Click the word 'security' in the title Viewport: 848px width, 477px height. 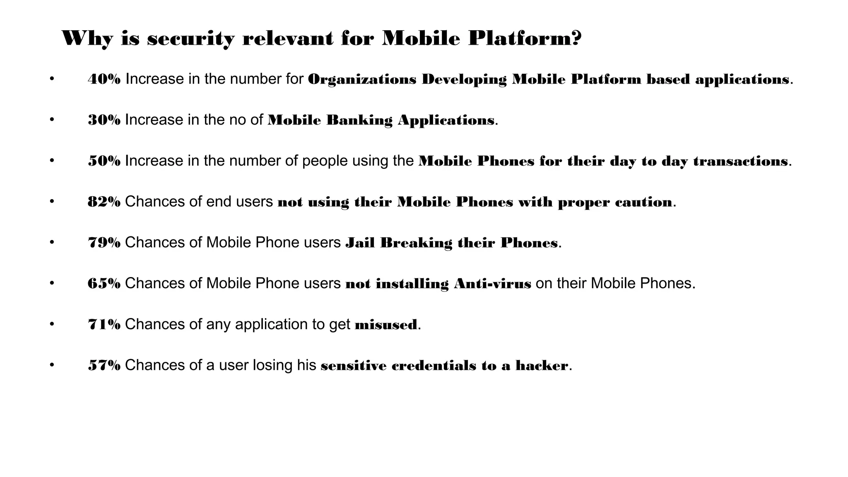(191, 39)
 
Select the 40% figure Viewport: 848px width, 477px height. (104, 79)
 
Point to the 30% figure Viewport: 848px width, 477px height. (104, 120)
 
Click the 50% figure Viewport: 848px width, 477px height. (104, 161)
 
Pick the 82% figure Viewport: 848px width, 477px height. (104, 202)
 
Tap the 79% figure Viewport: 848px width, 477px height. (104, 243)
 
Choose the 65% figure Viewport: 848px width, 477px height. (104, 284)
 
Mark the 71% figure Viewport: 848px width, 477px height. (104, 325)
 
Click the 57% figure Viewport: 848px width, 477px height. (104, 366)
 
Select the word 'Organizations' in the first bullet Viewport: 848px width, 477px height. (362, 79)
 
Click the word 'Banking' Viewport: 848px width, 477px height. (359, 120)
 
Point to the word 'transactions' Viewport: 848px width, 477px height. (740, 161)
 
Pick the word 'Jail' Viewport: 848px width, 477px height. (360, 243)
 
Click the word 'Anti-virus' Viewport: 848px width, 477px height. (492, 284)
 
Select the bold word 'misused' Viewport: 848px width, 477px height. (386, 325)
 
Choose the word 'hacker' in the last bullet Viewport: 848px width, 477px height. (542, 366)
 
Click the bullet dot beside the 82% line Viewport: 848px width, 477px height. (52, 202)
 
